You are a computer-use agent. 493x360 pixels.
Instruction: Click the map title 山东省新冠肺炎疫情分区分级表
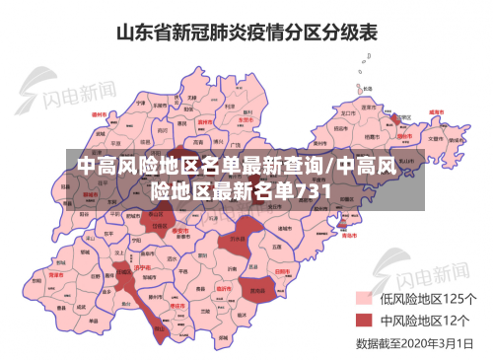tap(246, 32)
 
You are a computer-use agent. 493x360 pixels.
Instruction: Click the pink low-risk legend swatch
tap(363, 298)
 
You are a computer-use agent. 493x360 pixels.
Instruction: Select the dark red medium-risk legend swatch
tap(363, 321)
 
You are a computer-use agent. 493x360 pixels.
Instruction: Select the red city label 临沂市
tap(223, 286)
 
